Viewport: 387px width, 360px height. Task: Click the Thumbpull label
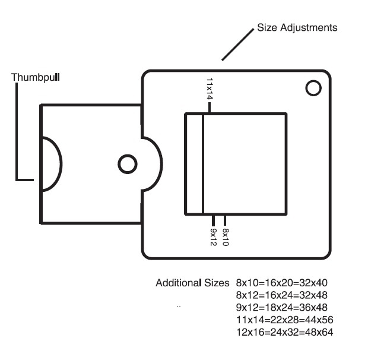36,77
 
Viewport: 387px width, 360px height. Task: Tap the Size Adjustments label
297,27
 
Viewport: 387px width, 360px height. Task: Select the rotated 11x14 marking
210,89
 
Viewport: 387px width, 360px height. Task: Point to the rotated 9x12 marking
213,237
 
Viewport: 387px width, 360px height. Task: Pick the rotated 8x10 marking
226,237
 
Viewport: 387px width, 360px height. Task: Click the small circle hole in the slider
128,164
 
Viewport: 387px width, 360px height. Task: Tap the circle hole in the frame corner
313,88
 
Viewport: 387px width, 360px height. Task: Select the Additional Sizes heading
192,283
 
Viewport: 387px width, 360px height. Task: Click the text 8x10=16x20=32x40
282,283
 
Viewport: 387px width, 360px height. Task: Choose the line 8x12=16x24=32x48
282,295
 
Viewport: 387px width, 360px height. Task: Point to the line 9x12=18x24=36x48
282,307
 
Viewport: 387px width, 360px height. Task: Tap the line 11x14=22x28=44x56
285,320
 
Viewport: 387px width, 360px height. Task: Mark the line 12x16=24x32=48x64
285,332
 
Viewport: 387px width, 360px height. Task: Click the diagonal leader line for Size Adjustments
237,45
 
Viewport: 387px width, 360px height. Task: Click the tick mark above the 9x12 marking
214,220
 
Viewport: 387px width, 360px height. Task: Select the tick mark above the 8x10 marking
225,220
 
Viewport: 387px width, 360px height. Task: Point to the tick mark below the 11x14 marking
210,108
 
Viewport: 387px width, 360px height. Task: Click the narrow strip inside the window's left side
194,164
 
